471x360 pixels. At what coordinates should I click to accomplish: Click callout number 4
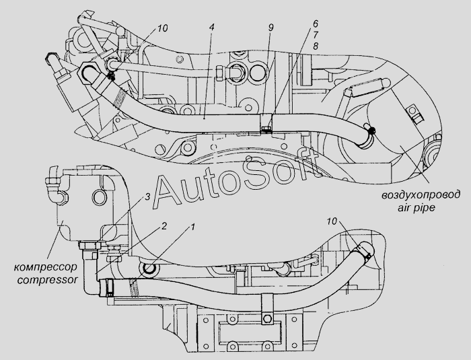pos(211,28)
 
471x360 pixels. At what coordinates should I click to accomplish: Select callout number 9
pos(270,28)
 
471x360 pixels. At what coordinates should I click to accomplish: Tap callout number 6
pos(315,24)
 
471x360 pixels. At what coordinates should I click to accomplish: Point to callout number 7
pos(315,35)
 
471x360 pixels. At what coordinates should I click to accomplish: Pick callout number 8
pos(315,46)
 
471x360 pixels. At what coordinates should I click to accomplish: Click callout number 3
pos(147,197)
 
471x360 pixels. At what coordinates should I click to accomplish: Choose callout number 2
pos(164,225)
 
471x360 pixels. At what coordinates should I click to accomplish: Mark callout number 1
pos(192,226)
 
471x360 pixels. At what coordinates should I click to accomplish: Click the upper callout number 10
pos(162,28)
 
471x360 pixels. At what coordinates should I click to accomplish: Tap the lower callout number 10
pos(332,221)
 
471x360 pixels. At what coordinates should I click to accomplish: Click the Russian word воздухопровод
pos(421,195)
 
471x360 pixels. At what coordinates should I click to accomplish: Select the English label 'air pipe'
pos(416,208)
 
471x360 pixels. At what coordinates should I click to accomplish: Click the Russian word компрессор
pos(45,267)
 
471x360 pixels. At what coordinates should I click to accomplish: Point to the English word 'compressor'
pos(48,280)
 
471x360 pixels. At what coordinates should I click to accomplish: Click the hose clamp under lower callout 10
pos(363,252)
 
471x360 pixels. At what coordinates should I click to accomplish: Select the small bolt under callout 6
pos(266,129)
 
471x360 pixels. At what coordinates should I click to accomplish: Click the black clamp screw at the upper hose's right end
pos(373,130)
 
